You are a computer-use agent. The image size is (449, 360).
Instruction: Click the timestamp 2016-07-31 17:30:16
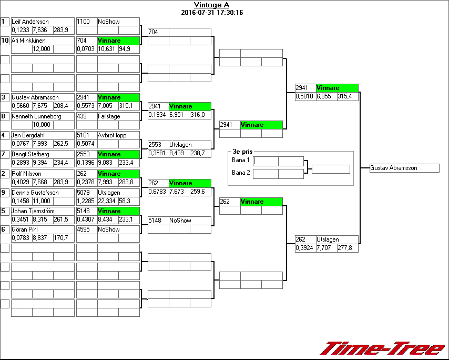pos(211,13)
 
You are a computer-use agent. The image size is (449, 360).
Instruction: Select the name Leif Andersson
pos(30,22)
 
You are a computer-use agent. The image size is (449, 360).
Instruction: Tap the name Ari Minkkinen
pos(28,41)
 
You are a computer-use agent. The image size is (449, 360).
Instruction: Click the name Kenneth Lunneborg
pos(36,116)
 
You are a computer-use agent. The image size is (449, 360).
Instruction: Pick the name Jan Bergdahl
pos(28,135)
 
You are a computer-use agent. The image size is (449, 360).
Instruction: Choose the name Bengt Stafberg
pos(30,154)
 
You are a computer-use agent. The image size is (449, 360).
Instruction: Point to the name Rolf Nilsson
pos(26,174)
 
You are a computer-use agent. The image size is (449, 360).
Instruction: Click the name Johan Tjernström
pos(33,211)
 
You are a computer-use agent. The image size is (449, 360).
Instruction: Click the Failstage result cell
pos(109,116)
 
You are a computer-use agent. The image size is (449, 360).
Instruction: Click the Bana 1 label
pos(240,160)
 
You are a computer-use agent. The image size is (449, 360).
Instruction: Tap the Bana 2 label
pos(240,173)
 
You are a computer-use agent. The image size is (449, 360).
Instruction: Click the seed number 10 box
pos(5,41)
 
